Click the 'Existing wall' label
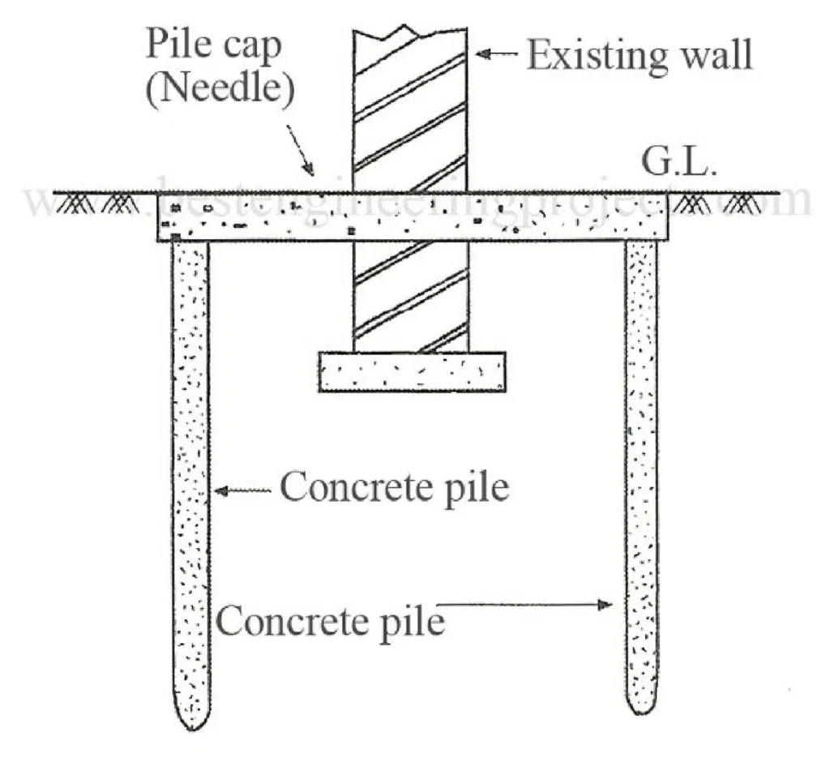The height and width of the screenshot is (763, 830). point(640,54)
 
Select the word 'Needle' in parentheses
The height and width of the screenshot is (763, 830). point(218,88)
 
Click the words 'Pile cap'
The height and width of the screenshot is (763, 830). point(213,45)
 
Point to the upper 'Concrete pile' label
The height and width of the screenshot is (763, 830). point(394,488)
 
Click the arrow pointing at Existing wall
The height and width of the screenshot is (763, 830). point(496,54)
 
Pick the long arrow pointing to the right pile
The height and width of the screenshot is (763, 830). point(527,604)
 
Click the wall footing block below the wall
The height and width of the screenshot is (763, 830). point(412,372)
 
